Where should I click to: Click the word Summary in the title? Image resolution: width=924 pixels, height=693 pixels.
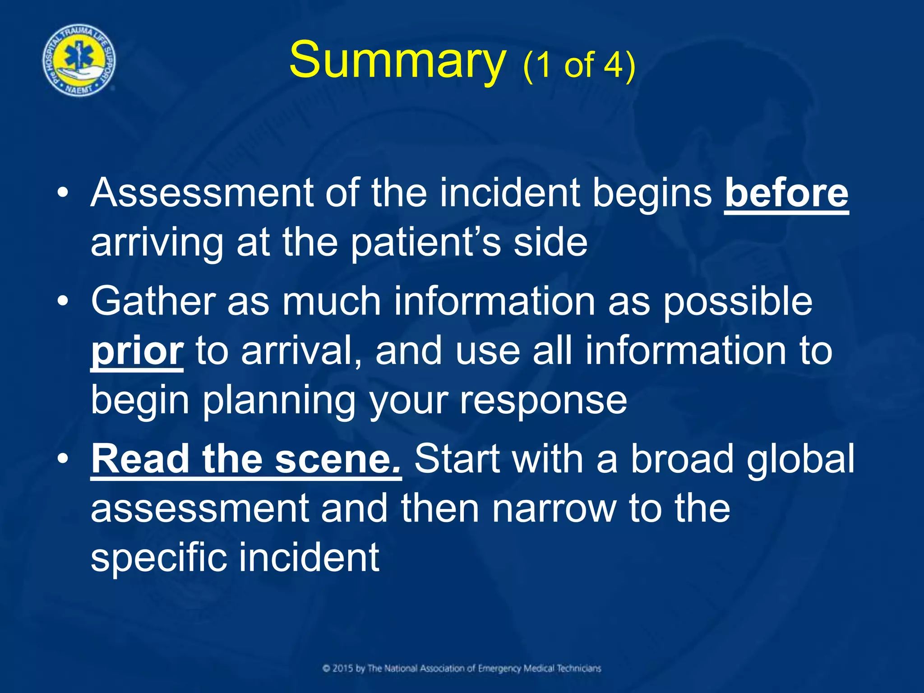click(x=397, y=61)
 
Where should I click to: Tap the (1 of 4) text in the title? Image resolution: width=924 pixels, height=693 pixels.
click(x=579, y=65)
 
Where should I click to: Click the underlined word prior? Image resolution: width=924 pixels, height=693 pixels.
click(x=137, y=351)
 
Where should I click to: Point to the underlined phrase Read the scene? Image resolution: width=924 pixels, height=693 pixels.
click(x=246, y=459)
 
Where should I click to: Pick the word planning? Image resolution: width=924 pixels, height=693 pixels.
click(x=279, y=401)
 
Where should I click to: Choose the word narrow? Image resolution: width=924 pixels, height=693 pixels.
click(x=554, y=509)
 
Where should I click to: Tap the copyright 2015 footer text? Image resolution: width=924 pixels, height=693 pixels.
click(x=462, y=668)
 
